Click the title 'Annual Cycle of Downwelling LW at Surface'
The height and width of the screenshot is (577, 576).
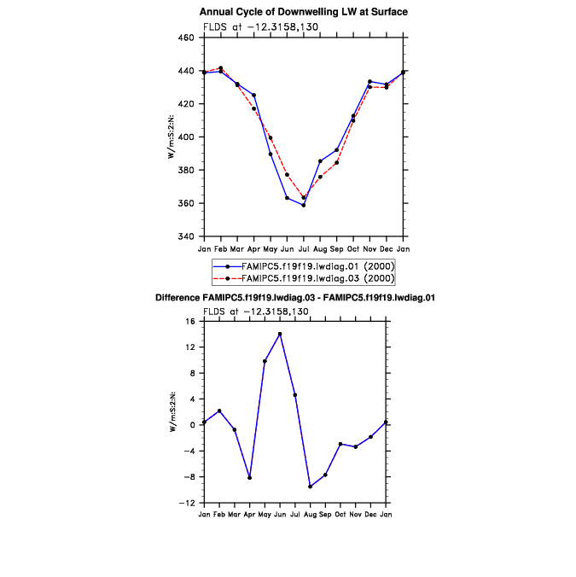[303, 12]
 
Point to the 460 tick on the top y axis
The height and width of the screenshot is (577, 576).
[187, 38]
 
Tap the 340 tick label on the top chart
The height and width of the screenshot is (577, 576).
[187, 236]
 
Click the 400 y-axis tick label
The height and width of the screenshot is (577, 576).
[187, 137]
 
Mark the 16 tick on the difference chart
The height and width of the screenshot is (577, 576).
[191, 322]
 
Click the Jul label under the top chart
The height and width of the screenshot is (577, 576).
[304, 248]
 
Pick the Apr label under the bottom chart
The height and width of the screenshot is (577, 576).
[249, 515]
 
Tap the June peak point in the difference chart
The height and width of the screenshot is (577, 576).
[280, 334]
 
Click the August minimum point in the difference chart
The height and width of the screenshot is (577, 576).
[310, 487]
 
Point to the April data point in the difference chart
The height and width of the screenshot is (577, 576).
[249, 478]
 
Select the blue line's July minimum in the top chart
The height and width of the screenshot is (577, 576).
[304, 205]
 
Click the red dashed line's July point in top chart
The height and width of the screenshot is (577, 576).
[304, 197]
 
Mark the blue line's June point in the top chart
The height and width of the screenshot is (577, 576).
[287, 198]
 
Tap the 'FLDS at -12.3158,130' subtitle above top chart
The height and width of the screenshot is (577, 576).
[255, 26]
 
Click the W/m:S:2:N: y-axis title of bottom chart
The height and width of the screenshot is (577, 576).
[172, 411]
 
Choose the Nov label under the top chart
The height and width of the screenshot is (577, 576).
[369, 248]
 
